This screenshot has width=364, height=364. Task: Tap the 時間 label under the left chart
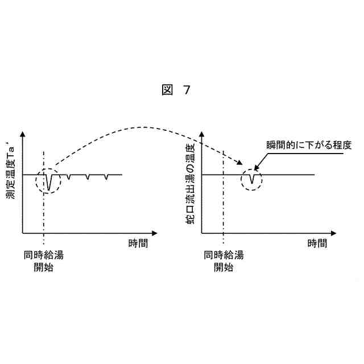coord(138,244)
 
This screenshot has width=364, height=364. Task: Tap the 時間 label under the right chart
coord(317,244)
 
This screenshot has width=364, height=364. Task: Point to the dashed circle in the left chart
coord(47,180)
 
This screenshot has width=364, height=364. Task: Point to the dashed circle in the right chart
coord(251,179)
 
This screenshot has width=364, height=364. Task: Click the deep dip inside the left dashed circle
coord(49,185)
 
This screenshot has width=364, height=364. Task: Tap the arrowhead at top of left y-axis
coord(22,135)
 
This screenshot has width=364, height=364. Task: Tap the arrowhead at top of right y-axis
coord(202,135)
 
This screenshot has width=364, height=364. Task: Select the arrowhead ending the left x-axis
coord(155,233)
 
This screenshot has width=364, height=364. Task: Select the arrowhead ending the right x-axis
coord(335,233)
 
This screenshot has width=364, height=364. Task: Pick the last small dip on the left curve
coord(106,178)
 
